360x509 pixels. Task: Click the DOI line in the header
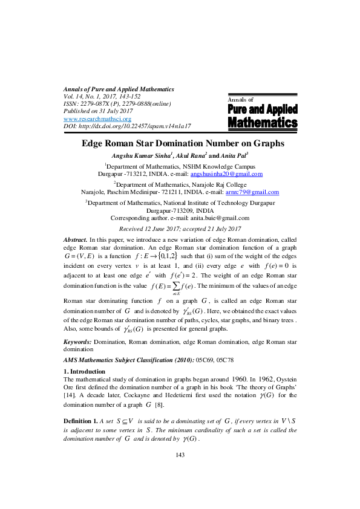tap(127, 126)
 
